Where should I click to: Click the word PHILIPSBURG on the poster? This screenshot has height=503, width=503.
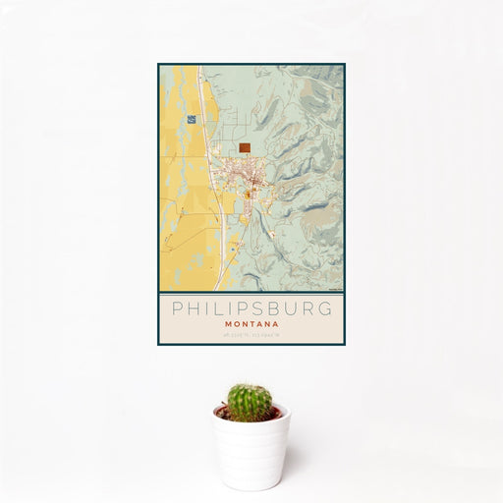click(x=251, y=307)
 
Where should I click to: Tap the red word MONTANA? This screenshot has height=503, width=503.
click(x=251, y=323)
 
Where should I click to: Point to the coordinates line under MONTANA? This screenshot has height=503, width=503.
click(x=251, y=335)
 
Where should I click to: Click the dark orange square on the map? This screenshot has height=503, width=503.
click(x=244, y=148)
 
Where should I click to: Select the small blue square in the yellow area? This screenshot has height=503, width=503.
click(x=191, y=119)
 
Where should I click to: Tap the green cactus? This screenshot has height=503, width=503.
click(x=250, y=402)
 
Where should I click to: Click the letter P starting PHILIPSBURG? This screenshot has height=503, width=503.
click(x=177, y=307)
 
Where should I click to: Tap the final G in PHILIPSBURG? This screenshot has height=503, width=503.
click(x=326, y=307)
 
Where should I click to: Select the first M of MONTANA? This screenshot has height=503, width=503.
click(x=229, y=323)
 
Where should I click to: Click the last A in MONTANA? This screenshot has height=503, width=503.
click(x=274, y=323)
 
